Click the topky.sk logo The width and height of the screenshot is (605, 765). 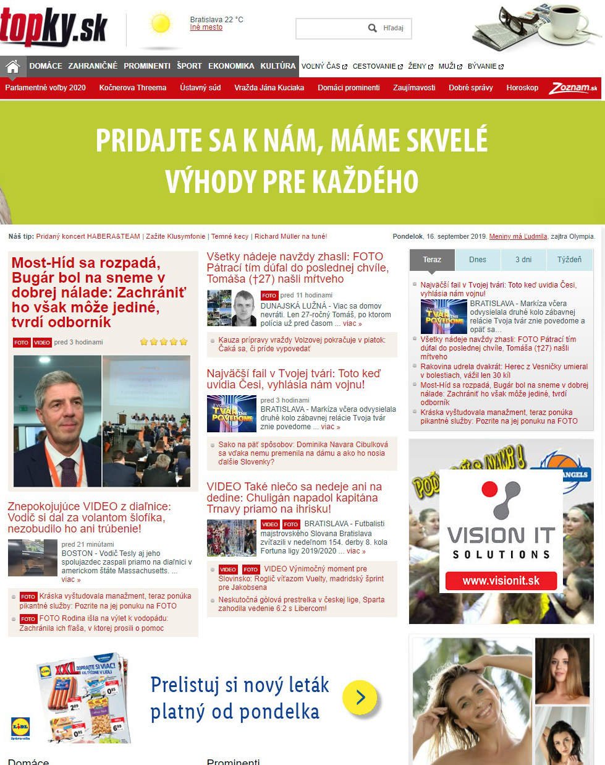tap(54, 28)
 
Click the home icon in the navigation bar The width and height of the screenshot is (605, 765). tap(12, 67)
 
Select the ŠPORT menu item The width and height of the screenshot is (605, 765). tap(189, 66)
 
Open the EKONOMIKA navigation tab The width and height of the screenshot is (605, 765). tap(231, 66)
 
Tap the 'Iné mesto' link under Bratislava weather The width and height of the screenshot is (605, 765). tap(206, 28)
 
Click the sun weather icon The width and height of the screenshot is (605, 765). tap(160, 24)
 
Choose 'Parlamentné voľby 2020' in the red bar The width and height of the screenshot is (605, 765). tap(46, 88)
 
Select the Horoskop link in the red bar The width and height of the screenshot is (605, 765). tap(522, 88)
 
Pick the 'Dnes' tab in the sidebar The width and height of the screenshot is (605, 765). tap(478, 260)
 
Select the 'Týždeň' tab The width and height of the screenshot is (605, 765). tap(569, 260)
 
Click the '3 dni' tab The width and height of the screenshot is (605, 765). tap(523, 260)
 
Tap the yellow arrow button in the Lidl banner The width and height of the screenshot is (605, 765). tap(360, 698)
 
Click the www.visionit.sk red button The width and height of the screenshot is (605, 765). tap(501, 581)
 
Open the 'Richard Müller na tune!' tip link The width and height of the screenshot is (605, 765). tap(290, 236)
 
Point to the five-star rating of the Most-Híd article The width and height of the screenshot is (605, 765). tap(164, 342)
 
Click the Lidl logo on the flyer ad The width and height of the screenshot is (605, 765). tap(20, 727)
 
